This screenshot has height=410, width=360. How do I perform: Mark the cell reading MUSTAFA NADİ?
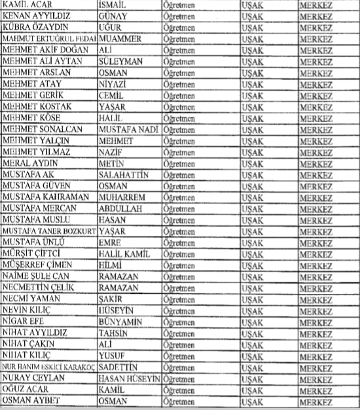coord(128,129)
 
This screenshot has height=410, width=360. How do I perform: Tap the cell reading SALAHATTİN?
coord(124,175)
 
